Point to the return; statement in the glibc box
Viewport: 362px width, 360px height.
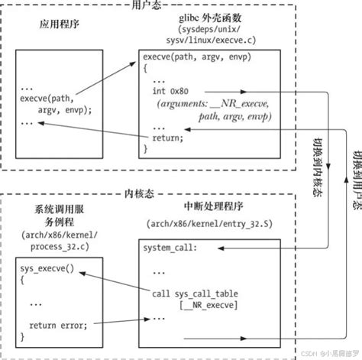click(x=169, y=138)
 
